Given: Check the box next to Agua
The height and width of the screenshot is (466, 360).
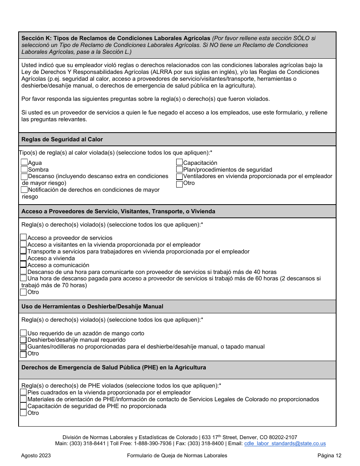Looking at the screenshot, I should click(24, 163).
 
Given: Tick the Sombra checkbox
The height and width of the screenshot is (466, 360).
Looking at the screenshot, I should click(24, 169).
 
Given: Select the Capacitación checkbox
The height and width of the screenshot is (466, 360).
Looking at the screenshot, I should click(180, 163).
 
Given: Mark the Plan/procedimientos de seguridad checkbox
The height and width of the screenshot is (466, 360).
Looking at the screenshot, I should click(180, 169).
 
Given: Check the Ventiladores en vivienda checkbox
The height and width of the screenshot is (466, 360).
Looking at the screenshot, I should click(180, 177).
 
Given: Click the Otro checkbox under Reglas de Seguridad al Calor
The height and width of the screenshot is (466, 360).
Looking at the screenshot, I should click(180, 184).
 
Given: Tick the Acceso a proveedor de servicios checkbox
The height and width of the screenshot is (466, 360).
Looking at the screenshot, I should click(23, 238).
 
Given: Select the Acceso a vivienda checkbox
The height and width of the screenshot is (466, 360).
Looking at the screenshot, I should click(23, 258).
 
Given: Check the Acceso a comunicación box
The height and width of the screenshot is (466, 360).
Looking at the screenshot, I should click(23, 265).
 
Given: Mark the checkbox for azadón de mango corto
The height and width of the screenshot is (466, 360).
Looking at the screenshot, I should click(23, 333).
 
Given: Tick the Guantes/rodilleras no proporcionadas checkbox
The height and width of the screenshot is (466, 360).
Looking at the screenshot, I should click(23, 347).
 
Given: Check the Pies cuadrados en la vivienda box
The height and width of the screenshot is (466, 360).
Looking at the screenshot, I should click(23, 393).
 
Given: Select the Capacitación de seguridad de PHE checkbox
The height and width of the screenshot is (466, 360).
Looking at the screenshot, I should click(23, 406).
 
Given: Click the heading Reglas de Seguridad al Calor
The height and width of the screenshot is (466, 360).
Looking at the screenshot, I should click(62, 139).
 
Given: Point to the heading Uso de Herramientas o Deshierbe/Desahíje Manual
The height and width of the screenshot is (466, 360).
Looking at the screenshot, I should click(92, 306).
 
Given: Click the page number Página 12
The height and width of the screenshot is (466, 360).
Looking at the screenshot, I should click(329, 456).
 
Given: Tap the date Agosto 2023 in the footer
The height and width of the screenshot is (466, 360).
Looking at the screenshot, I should click(36, 456).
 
